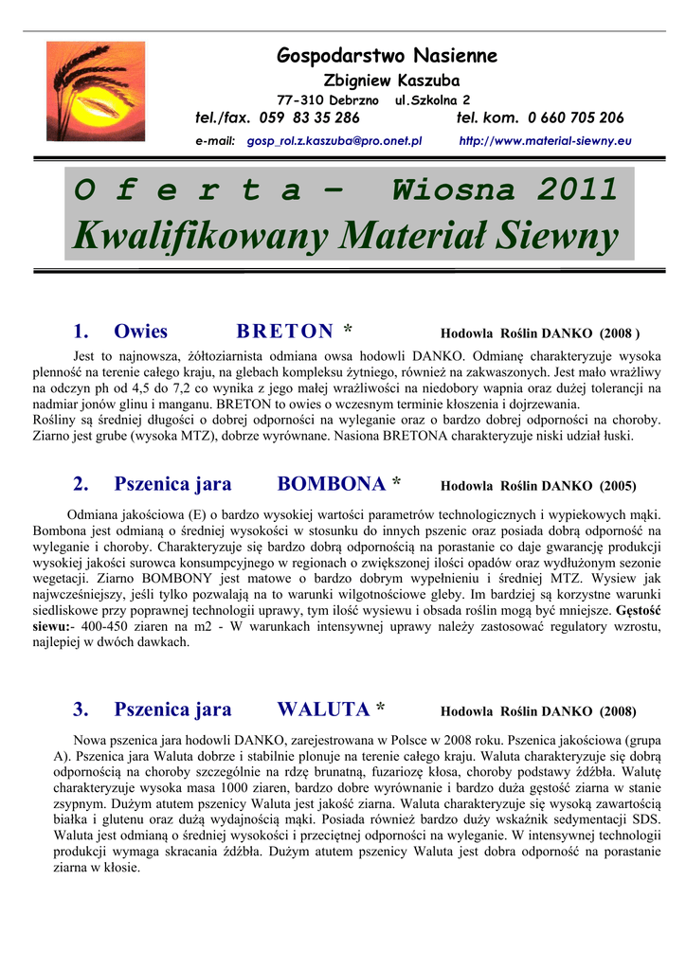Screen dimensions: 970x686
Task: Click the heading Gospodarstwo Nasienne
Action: pyautogui.click(x=387, y=56)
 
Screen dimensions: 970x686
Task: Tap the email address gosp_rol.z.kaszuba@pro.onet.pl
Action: pyautogui.click(x=334, y=140)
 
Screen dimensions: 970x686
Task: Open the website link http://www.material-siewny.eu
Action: pyautogui.click(x=545, y=140)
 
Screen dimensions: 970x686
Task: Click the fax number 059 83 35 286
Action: pyautogui.click(x=309, y=118)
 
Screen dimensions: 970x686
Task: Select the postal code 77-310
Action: pyautogui.click(x=300, y=99)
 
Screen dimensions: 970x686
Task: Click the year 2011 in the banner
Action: pyautogui.click(x=578, y=190)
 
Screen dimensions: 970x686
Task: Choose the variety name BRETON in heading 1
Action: pyautogui.click(x=284, y=332)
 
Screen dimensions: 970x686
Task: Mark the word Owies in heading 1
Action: pyautogui.click(x=140, y=332)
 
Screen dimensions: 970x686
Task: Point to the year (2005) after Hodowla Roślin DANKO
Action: pyautogui.click(x=617, y=487)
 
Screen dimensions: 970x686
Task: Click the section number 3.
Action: pyautogui.click(x=81, y=710)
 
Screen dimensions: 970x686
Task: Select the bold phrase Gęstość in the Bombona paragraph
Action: pyautogui.click(x=637, y=611)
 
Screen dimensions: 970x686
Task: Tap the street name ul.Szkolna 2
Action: pyautogui.click(x=432, y=99)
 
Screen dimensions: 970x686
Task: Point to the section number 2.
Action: pyautogui.click(x=81, y=484)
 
